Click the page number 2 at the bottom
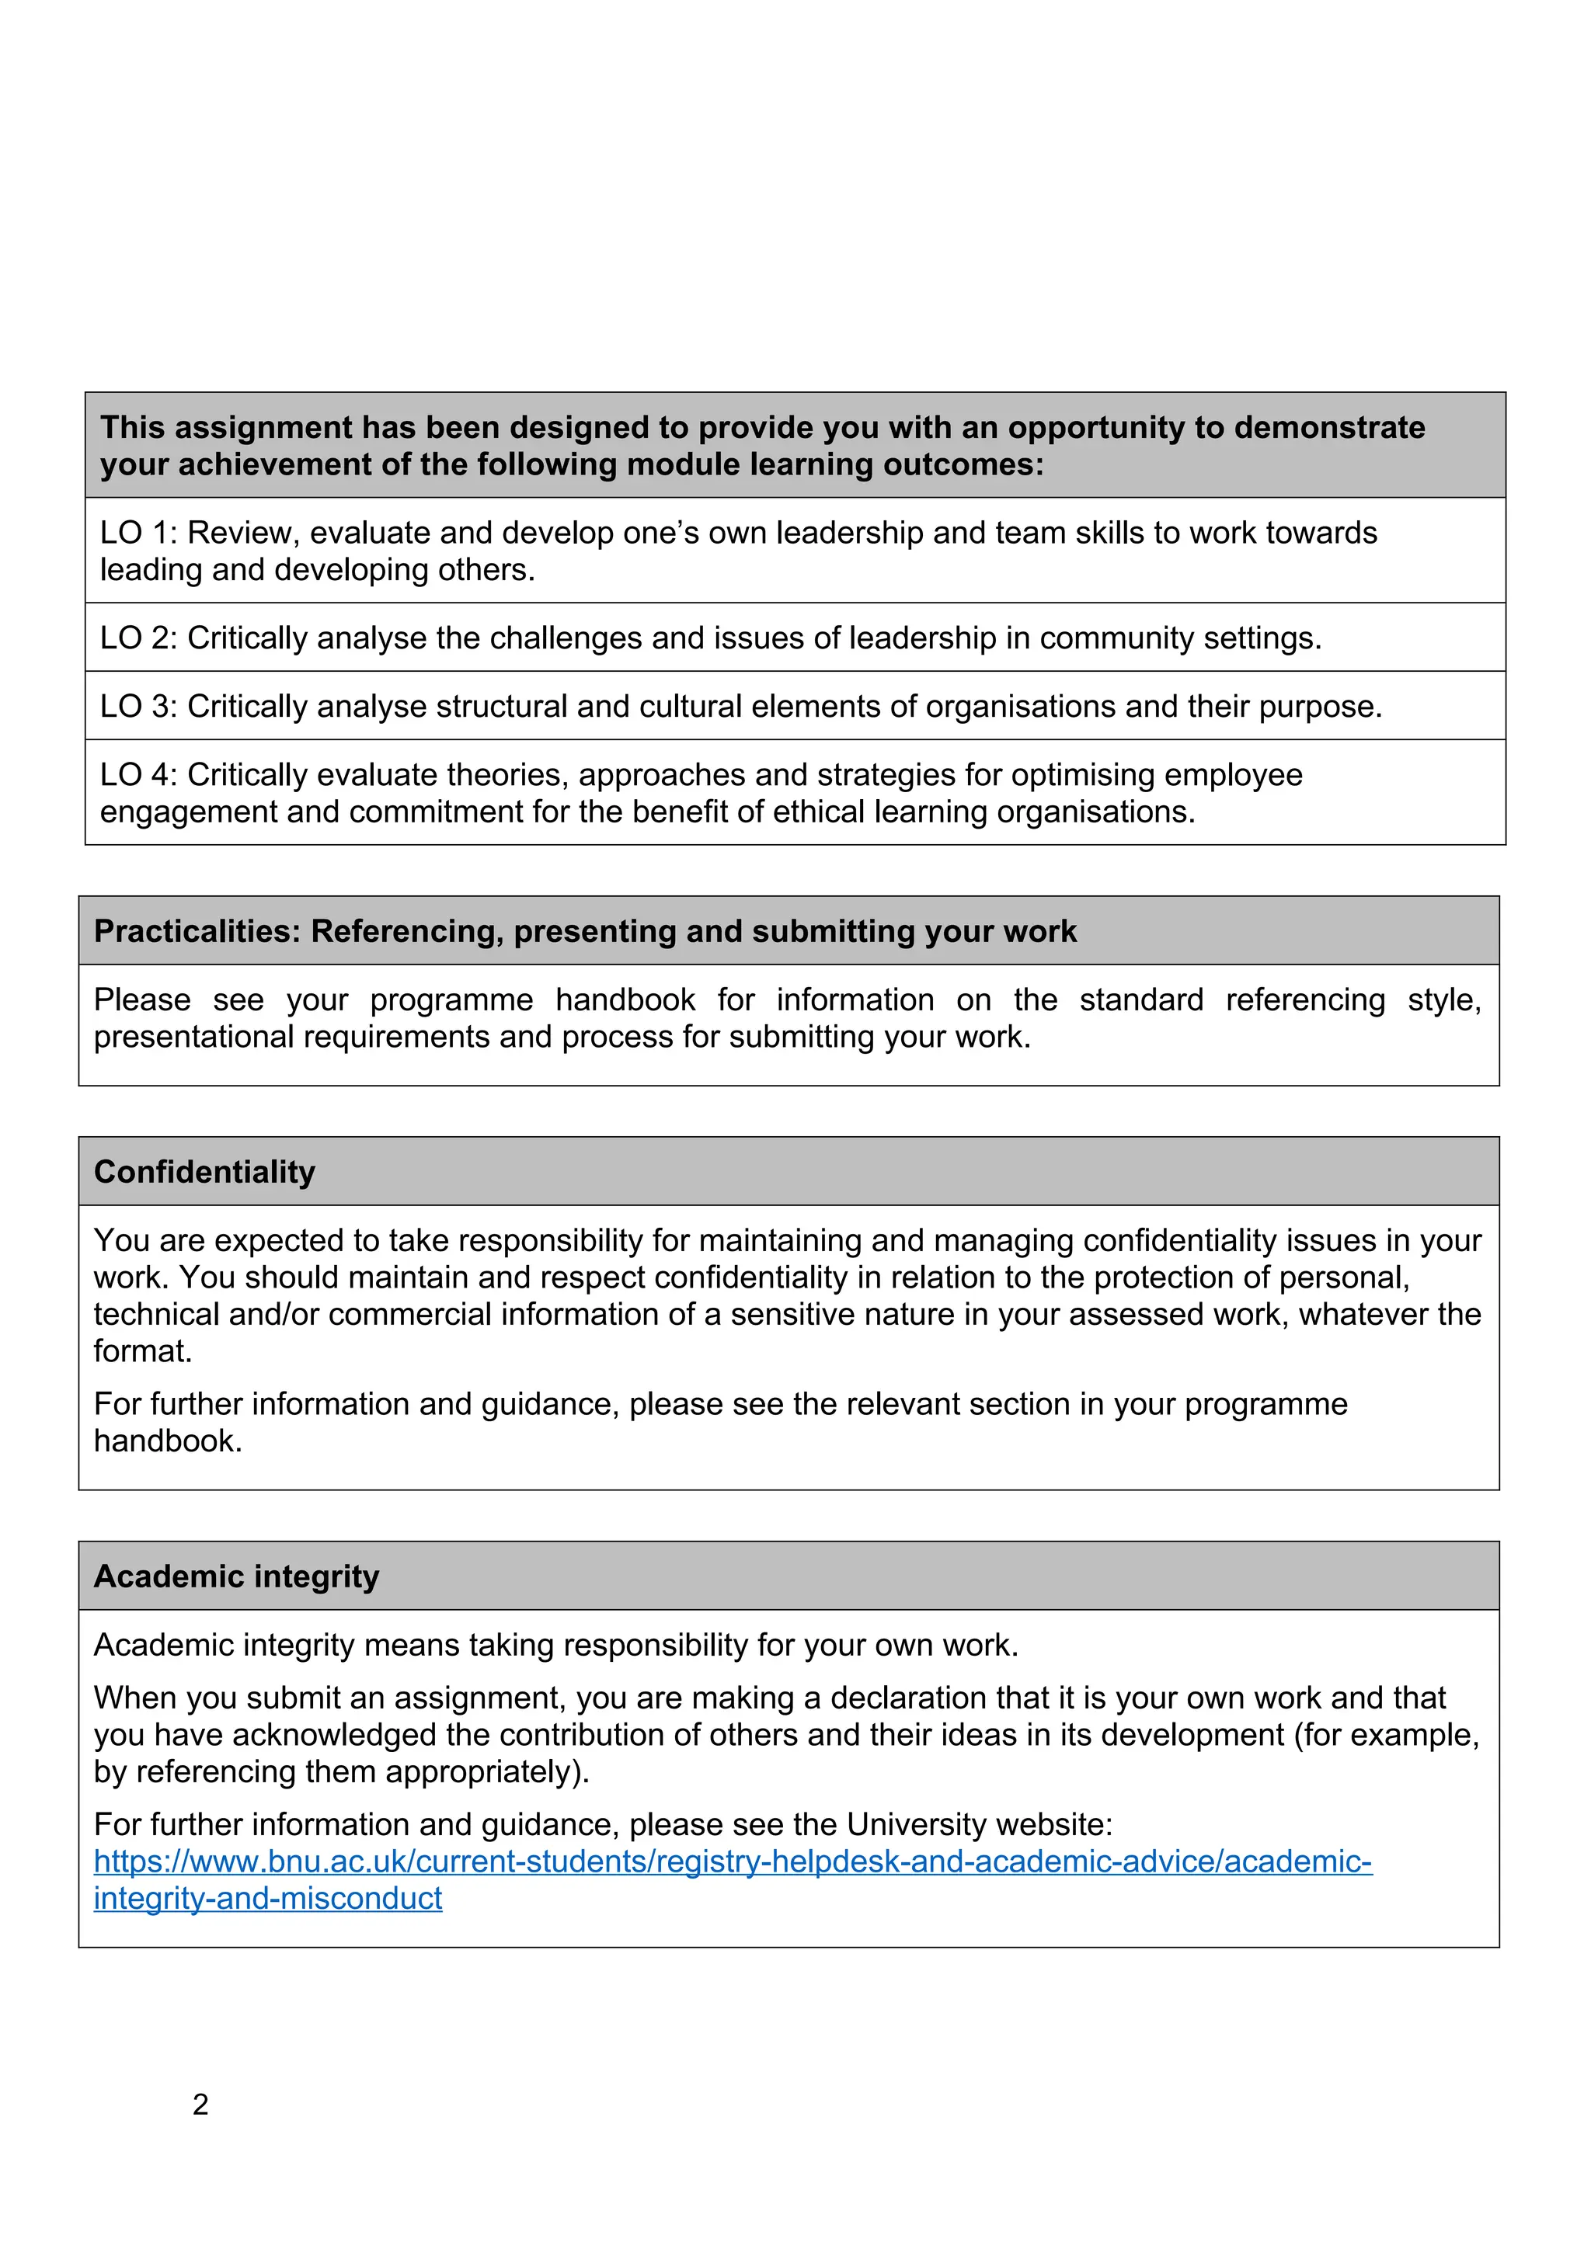[x=201, y=2104]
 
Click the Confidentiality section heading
[x=205, y=1172]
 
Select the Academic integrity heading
[x=236, y=1576]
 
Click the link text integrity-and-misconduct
[x=267, y=1898]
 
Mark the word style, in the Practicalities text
[x=1444, y=999]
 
